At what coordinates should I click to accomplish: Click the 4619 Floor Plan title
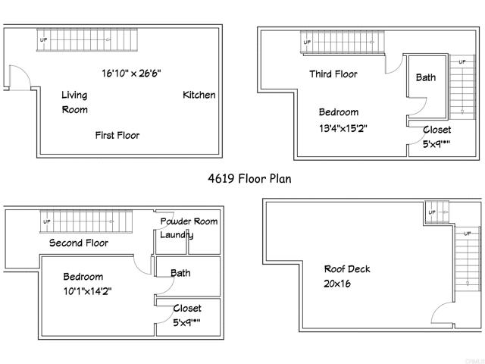[x=249, y=179]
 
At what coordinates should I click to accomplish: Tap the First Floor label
[x=117, y=135]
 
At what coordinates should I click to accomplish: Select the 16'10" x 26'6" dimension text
[x=131, y=74]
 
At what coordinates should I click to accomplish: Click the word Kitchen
[x=199, y=95]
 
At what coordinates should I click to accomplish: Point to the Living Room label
[x=74, y=102]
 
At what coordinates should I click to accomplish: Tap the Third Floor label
[x=333, y=74]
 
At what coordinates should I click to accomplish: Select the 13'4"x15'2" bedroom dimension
[x=343, y=128]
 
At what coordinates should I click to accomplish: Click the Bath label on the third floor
[x=426, y=77]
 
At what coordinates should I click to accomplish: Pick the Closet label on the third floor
[x=436, y=130]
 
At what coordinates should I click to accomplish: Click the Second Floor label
[x=79, y=243]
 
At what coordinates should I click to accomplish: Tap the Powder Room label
[x=189, y=221]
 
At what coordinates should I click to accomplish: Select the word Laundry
[x=177, y=235]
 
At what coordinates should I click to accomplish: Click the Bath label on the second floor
[x=180, y=273]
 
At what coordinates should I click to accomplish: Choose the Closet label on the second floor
[x=187, y=308]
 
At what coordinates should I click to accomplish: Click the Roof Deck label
[x=346, y=269]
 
